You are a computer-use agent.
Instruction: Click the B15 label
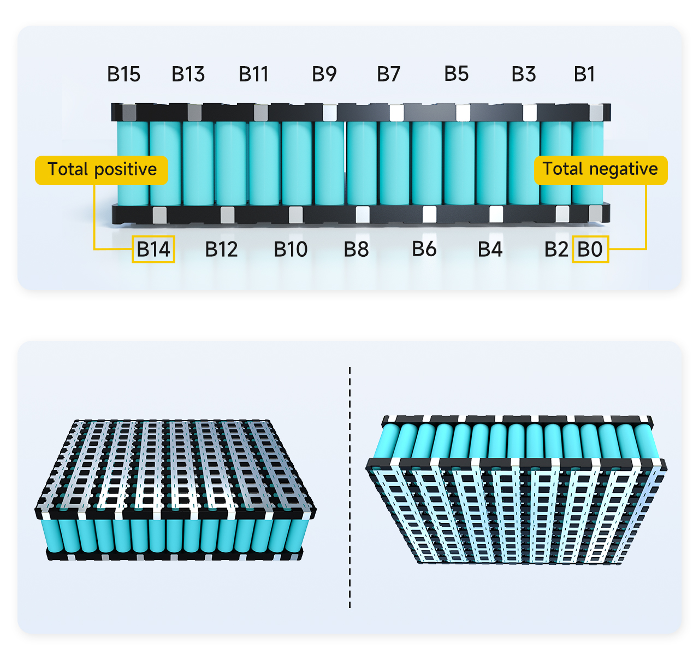(x=123, y=74)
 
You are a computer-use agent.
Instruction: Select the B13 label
(x=188, y=74)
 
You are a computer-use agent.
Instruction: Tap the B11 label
(x=253, y=74)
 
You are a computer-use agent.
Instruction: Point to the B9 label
(x=324, y=74)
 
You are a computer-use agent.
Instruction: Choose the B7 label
(x=388, y=74)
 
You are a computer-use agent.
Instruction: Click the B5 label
(x=456, y=74)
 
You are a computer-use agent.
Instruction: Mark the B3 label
(x=523, y=74)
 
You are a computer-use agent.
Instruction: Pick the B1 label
(x=584, y=74)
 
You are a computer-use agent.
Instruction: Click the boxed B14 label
(x=153, y=250)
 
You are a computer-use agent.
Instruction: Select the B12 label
(x=221, y=250)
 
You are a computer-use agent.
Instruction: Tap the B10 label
(x=291, y=250)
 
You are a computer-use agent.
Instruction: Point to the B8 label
(x=356, y=250)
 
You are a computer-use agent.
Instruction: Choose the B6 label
(x=424, y=249)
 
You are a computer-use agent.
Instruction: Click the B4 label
(x=490, y=250)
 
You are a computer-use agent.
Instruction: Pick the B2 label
(x=556, y=250)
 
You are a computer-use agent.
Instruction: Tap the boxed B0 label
(x=590, y=250)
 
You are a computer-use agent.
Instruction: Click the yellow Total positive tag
(x=102, y=170)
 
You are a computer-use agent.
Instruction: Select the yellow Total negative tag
(x=600, y=170)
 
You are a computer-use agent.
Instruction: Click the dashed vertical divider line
(x=349, y=486)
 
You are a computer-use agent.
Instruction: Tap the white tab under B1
(x=596, y=113)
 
